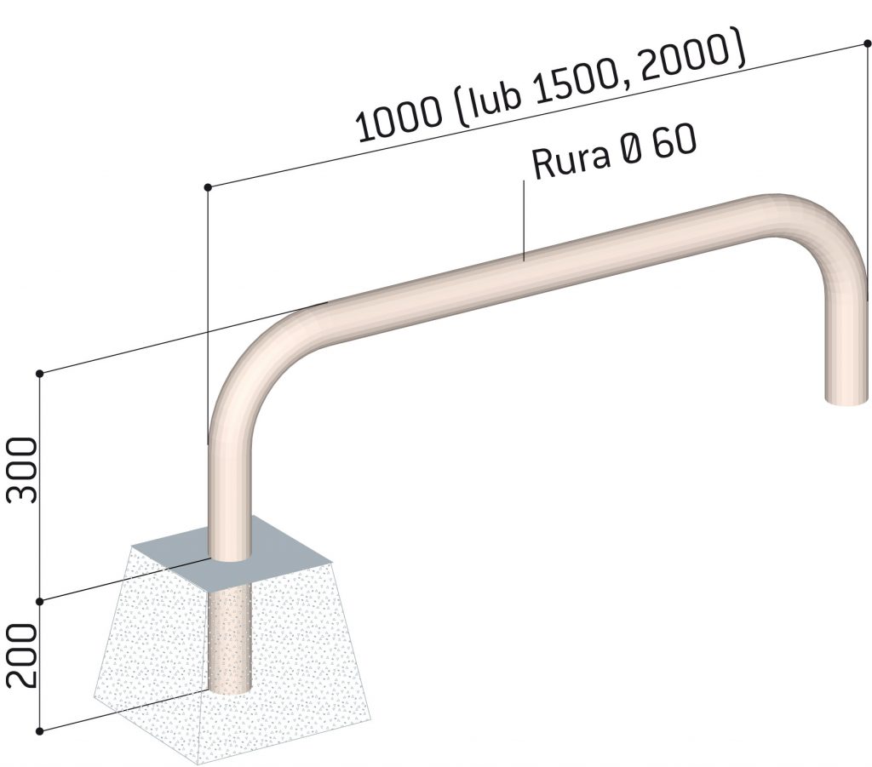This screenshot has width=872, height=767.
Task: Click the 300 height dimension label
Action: click(22, 470)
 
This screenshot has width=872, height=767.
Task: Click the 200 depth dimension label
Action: click(22, 655)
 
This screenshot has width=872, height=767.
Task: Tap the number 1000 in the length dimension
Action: click(400, 120)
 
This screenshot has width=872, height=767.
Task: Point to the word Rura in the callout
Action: click(571, 159)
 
